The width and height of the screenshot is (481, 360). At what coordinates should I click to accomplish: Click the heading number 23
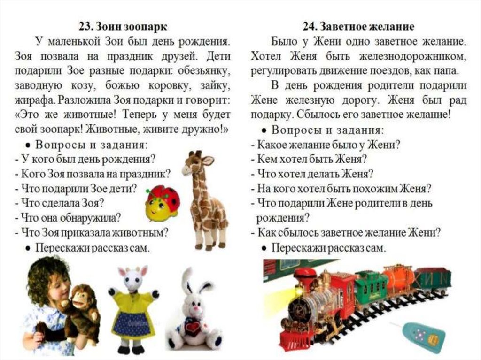(85, 27)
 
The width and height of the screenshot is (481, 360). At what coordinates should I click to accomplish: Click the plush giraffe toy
(205, 199)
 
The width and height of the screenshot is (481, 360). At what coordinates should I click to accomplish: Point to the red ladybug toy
(163, 203)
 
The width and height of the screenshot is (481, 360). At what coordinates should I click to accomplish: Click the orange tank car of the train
(397, 279)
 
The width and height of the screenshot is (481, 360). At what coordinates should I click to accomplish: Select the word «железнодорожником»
(412, 56)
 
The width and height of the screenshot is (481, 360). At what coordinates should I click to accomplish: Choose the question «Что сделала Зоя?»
(60, 203)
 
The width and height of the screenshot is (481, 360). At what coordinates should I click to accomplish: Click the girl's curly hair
(49, 273)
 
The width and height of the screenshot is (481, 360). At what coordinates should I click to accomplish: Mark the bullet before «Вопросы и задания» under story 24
(264, 131)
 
